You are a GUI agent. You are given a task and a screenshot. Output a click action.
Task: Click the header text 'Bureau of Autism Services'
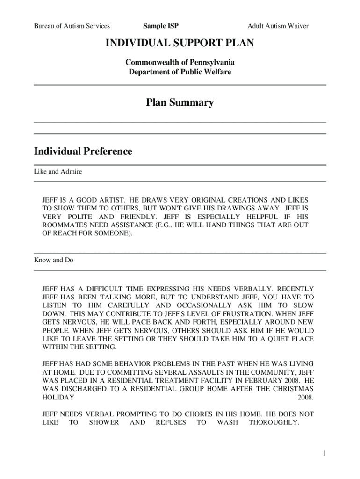coord(72,26)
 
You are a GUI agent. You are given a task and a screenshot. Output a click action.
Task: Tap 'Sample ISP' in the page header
coord(161,26)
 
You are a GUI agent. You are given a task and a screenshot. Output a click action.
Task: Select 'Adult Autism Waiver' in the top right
coord(278,26)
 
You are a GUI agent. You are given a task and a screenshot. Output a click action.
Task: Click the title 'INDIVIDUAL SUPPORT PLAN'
coord(180,44)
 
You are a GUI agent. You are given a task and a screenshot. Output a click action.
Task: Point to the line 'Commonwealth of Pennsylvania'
coord(180,62)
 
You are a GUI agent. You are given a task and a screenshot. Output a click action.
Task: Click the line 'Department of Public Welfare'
coord(180,72)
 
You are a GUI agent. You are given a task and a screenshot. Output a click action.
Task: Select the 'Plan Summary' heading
coord(180,102)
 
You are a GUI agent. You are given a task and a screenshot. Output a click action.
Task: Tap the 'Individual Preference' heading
coord(83,152)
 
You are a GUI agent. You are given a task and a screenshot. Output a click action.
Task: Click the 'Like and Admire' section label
coord(58,172)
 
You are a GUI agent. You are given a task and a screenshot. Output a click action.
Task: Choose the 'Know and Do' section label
coord(54,260)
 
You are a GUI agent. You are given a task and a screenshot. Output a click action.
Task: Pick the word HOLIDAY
coord(58,398)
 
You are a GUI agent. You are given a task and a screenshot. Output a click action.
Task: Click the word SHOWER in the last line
coord(104,422)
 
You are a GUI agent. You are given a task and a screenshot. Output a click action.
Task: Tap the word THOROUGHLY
coord(274,422)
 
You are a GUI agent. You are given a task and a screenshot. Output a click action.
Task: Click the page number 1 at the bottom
coord(323,454)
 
